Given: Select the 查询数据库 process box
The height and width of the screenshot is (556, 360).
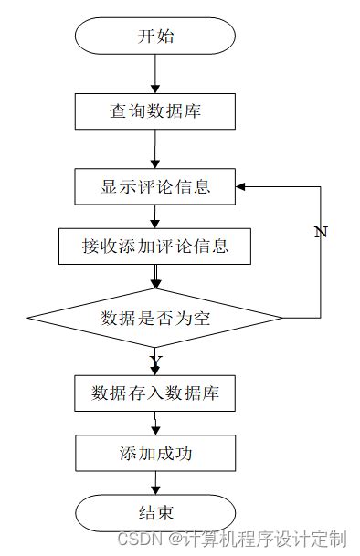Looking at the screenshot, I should tap(156, 111).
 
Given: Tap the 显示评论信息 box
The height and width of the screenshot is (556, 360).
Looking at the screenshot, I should tap(156, 186).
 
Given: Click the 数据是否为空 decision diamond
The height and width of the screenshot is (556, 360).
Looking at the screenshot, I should tap(155, 318).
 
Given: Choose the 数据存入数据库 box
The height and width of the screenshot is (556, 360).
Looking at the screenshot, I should tap(155, 393).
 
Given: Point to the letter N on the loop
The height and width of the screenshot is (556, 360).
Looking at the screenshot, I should tap(320, 232).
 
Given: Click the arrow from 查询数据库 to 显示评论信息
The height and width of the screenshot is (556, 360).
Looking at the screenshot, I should tap(156, 149).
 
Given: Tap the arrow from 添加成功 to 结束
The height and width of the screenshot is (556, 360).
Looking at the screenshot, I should tap(156, 481).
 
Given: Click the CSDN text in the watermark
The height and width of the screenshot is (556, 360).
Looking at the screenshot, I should tap(137, 538).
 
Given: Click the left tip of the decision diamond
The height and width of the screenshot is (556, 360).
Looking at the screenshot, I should tap(28, 318).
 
